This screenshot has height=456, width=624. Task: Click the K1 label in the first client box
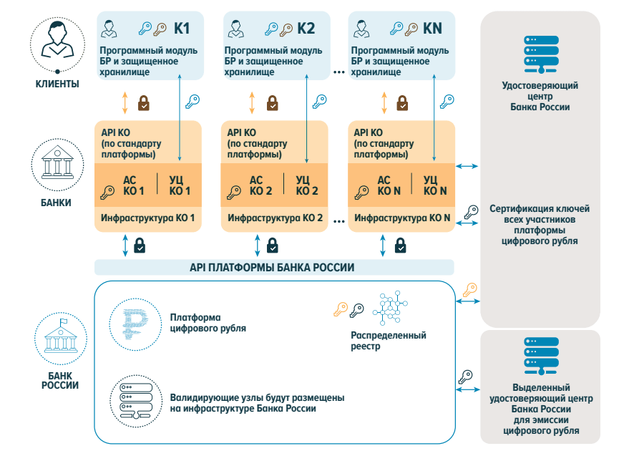[182, 28]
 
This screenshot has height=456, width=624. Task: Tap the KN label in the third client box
[432, 28]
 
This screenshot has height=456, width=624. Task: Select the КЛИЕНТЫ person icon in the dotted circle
[58, 40]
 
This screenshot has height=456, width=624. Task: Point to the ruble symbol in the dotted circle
[135, 324]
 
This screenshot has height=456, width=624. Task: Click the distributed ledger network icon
[390, 308]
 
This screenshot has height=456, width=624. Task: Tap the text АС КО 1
[134, 185]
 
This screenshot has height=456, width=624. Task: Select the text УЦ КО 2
[307, 185]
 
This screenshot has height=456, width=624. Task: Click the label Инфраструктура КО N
[402, 218]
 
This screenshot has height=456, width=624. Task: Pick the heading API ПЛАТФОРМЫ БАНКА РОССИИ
[272, 267]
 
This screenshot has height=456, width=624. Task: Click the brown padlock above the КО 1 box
[144, 103]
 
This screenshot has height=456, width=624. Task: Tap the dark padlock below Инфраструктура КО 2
[272, 246]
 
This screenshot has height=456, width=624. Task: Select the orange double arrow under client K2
[251, 103]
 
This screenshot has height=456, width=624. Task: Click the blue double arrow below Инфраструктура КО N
[383, 246]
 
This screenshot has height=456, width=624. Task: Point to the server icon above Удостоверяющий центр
[541, 54]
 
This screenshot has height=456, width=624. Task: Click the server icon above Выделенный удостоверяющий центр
[541, 356]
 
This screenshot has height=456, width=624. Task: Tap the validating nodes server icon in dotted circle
[136, 401]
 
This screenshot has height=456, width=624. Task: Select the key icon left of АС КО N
[361, 193]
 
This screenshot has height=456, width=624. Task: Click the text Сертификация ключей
[540, 209]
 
